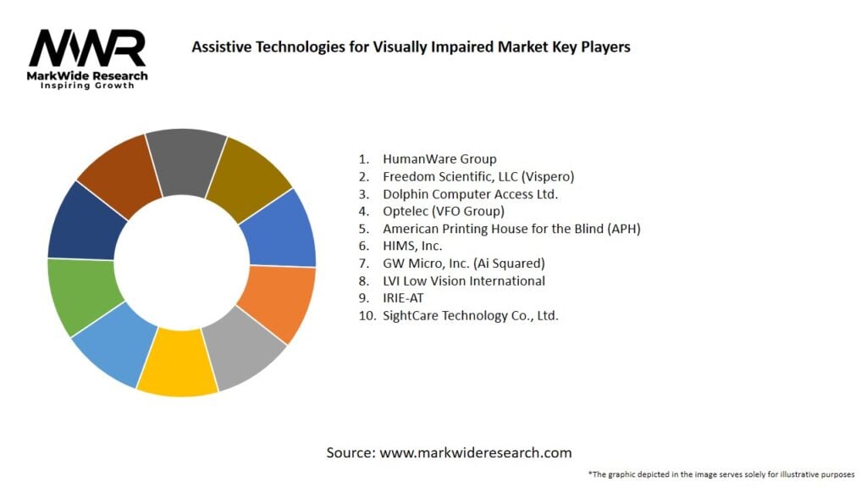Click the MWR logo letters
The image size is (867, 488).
pos(87,49)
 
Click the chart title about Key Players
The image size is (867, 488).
pos(411,47)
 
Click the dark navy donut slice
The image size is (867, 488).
pos(85,222)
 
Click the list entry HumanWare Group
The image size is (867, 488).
pos(439,158)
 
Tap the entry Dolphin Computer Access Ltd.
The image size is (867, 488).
pos(470,194)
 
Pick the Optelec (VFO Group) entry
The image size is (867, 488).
pos(443,211)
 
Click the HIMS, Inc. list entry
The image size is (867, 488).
pos(412,246)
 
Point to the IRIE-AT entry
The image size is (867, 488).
pos(403,298)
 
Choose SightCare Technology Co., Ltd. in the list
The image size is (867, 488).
pos(470,315)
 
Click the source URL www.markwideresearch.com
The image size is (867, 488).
pos(475,452)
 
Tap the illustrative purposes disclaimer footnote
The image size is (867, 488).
pos(721,474)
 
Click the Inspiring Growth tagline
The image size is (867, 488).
pos(87,86)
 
